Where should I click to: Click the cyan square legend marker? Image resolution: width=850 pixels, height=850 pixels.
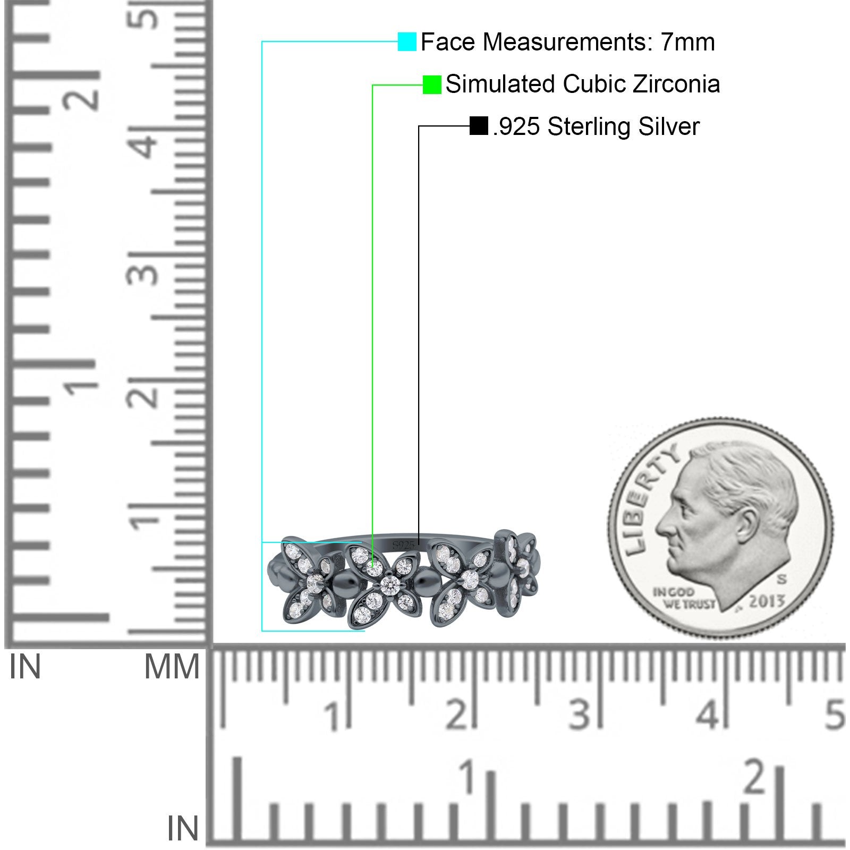point(407,41)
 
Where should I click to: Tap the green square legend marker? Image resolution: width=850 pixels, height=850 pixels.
point(432,84)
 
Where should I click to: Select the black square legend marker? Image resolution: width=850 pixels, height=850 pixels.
point(479,126)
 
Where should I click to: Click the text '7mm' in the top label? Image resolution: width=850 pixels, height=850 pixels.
point(688,42)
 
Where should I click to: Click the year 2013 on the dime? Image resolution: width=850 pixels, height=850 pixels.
point(767,601)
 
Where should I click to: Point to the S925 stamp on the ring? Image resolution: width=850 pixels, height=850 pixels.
point(403,546)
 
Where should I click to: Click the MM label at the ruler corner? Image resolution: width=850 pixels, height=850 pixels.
point(172,667)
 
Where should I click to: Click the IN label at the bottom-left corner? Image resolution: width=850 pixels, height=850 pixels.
point(182,829)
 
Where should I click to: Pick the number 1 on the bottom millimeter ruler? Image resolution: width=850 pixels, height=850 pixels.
point(333,716)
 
